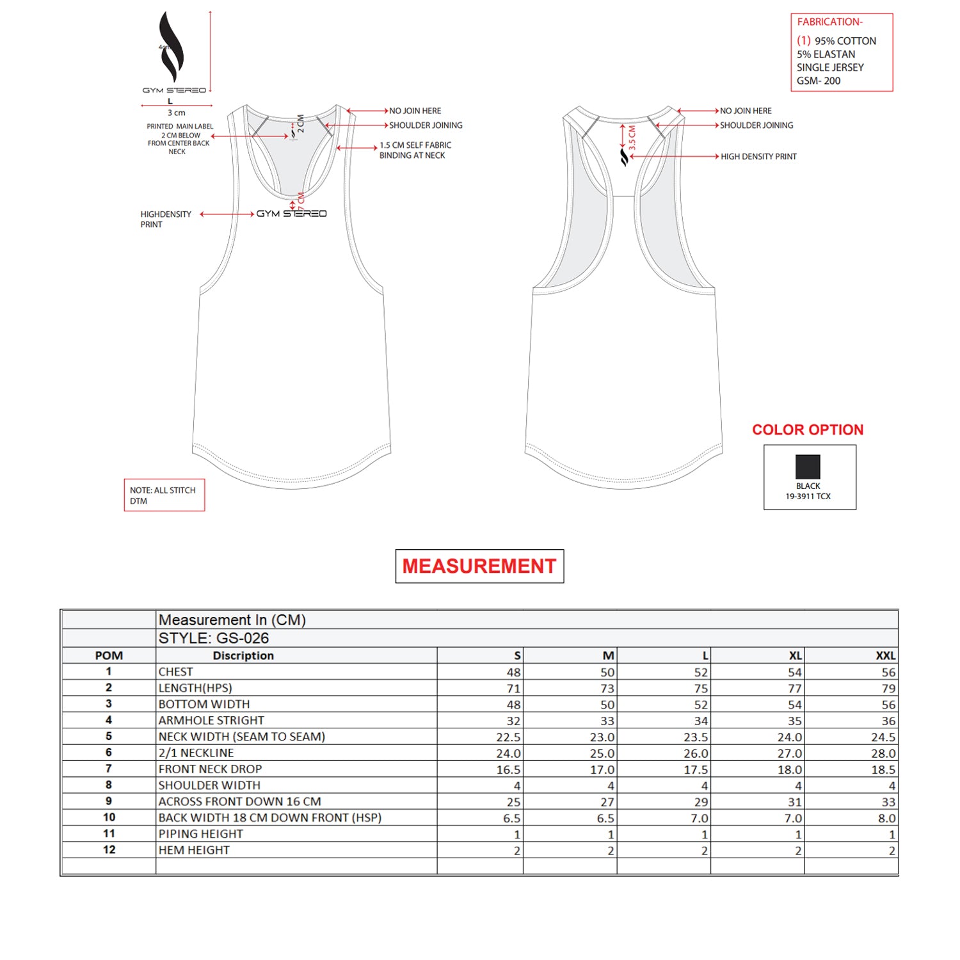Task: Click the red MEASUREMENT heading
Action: click(479, 566)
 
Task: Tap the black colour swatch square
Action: click(808, 467)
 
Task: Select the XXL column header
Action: click(885, 655)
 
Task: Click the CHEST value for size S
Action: click(513, 672)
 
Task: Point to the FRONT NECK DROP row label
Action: click(210, 769)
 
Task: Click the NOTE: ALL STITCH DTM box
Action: click(164, 495)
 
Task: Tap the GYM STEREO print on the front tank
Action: click(291, 214)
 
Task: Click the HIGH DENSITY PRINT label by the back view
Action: click(758, 157)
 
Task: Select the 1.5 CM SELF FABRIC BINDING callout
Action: click(415, 150)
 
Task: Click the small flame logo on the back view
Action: click(624, 157)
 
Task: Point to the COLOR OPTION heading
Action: click(807, 429)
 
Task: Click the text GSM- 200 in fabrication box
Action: click(819, 81)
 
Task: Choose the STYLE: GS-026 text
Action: click(214, 638)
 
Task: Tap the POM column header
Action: click(109, 655)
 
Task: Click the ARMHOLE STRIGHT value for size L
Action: click(701, 721)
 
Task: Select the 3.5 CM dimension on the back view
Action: click(632, 138)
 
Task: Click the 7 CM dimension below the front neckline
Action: click(301, 202)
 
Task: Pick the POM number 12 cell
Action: click(109, 850)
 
